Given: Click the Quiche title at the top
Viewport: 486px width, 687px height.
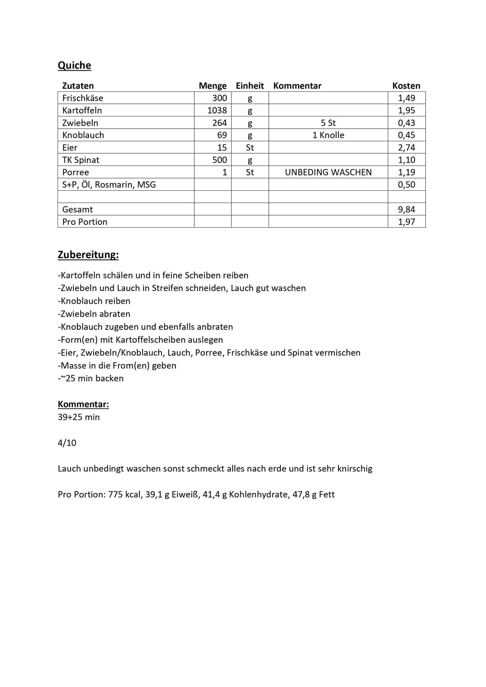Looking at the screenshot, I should click(74, 66).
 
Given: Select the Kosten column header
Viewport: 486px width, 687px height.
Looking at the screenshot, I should click(406, 86).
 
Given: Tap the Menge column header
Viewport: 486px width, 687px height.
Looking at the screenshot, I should click(212, 86).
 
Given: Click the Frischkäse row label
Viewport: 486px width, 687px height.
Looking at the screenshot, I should click(83, 98).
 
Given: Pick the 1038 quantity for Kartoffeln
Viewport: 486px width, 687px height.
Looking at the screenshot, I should click(217, 110).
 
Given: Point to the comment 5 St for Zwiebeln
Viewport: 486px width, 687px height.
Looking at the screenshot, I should click(328, 123).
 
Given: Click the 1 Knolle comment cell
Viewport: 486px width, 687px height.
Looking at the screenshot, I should click(328, 135).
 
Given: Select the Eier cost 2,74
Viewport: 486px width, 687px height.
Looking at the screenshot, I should click(406, 148).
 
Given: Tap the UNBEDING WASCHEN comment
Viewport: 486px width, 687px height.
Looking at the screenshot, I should click(328, 172).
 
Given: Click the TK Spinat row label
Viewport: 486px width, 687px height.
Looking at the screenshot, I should click(81, 160).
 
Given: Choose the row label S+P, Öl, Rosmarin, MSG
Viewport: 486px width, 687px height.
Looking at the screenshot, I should click(109, 184).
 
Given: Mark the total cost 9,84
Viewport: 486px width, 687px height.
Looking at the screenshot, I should click(406, 209).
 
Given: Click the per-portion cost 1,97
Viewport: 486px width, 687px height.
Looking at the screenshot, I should click(406, 222).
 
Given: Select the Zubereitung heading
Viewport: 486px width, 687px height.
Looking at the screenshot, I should click(88, 255).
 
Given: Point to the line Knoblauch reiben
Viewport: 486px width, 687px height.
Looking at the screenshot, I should click(94, 301).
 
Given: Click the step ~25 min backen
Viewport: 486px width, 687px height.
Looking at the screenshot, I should click(91, 378).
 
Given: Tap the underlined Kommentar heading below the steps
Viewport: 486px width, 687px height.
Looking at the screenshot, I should click(83, 404).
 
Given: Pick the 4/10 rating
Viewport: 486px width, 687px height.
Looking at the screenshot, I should click(67, 443).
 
